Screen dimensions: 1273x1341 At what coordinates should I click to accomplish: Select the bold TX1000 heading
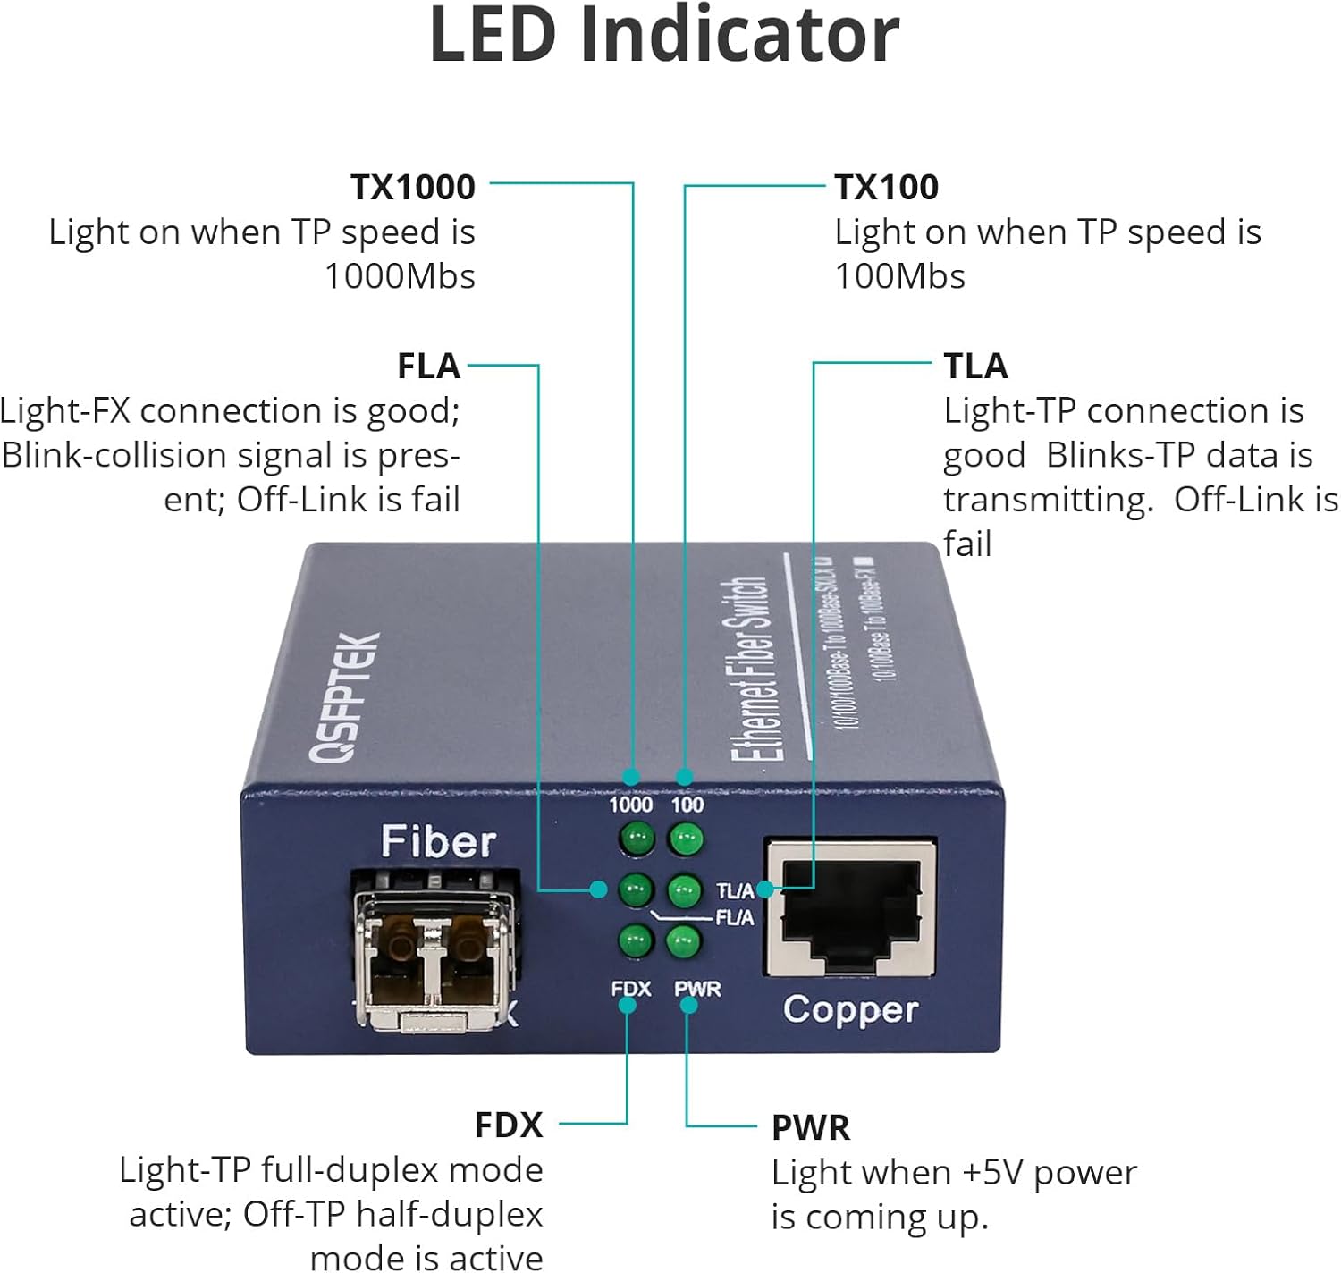coord(412,187)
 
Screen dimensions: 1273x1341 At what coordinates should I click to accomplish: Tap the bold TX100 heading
coord(886,187)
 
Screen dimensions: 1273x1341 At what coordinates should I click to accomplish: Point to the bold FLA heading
coord(428,366)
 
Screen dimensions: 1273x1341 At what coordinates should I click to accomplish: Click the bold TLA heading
coord(975,366)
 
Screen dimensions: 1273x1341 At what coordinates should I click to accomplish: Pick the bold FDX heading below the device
coord(509,1125)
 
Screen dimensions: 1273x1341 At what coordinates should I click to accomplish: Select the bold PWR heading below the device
coord(810,1127)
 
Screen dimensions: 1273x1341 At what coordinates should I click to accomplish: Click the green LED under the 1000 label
coord(636,839)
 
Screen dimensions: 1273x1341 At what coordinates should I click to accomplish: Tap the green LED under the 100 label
coord(686,839)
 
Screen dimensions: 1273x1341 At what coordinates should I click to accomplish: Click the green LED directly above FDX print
coord(635,940)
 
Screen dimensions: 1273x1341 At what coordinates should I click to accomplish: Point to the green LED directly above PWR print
coord(684,940)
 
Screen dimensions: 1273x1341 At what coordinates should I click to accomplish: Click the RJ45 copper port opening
coord(849,907)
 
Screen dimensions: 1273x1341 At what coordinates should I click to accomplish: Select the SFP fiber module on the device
coord(435,961)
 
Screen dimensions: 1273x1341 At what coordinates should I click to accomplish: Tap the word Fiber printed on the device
coord(438,841)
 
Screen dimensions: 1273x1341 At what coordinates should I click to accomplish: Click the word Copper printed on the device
coord(850,1010)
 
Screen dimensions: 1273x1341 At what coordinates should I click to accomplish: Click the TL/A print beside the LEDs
coord(735,890)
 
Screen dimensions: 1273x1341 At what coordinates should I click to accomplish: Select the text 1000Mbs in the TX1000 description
coord(400,276)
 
